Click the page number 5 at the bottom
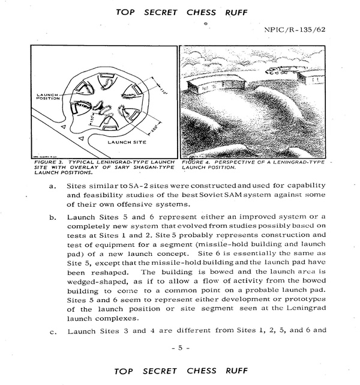[x=179, y=347]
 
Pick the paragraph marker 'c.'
[x=53, y=329]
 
